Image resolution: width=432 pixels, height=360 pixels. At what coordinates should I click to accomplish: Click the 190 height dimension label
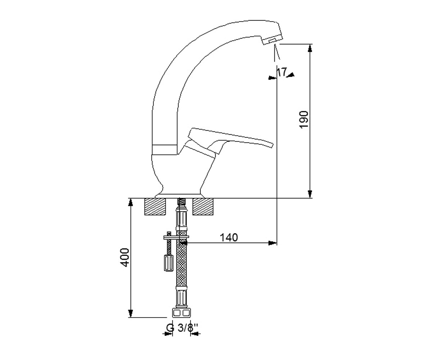[304, 120]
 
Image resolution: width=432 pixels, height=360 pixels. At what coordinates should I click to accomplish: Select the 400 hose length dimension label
[125, 257]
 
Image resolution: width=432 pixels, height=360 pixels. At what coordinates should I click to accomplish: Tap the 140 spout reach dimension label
[229, 238]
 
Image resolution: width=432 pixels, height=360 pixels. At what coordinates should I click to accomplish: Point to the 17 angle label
[282, 72]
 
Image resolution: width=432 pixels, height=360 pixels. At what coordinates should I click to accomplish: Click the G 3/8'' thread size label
[182, 333]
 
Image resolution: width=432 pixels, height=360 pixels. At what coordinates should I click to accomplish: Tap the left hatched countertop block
[156, 207]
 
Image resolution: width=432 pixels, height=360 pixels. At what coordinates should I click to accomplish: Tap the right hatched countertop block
[203, 207]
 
